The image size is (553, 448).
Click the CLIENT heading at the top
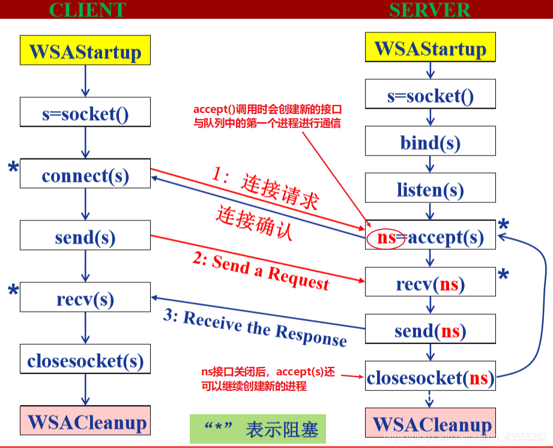pyautogui.click(x=87, y=10)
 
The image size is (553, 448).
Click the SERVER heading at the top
pyautogui.click(x=429, y=10)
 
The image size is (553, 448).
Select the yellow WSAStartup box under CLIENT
pyautogui.click(x=85, y=50)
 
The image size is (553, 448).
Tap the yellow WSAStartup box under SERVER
pyautogui.click(x=430, y=47)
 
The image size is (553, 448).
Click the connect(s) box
pyautogui.click(x=85, y=175)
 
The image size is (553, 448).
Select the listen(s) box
pyautogui.click(x=430, y=189)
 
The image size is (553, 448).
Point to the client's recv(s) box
pyautogui.click(x=85, y=298)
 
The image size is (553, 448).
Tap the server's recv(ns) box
pyautogui.click(x=430, y=283)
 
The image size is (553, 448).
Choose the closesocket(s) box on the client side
pyautogui.click(x=85, y=360)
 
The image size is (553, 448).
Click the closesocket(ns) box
pyautogui.click(x=430, y=378)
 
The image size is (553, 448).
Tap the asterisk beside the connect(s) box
pyautogui.click(x=13, y=170)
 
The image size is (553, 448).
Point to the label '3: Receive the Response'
pyautogui.click(x=255, y=327)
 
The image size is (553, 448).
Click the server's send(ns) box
pyautogui.click(x=430, y=330)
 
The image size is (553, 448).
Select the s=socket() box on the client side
pyautogui.click(x=85, y=114)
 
